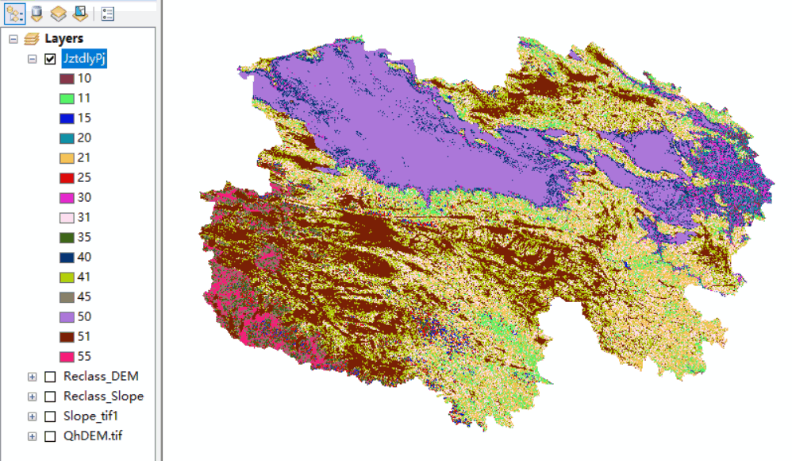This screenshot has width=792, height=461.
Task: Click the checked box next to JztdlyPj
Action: coord(50,59)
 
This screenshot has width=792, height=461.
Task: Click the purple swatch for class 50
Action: coord(67,316)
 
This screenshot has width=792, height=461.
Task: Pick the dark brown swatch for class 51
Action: coord(67,336)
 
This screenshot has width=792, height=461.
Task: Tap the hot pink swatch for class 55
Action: coord(67,356)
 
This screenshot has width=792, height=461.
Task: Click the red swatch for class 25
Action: coord(67,177)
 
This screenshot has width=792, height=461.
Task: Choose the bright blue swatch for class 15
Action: coord(67,118)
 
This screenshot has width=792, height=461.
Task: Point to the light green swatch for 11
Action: coord(67,98)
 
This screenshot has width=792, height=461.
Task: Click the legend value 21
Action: coord(84,157)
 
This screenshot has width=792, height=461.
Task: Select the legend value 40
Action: coord(84,257)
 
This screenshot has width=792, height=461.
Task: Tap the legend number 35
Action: coord(84,237)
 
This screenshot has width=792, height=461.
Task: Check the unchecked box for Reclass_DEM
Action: coord(50,376)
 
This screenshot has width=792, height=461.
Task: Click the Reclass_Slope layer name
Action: coord(103,396)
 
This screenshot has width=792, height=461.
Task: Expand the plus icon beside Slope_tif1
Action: coord(33,416)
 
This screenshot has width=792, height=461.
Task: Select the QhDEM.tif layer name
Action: coord(93,436)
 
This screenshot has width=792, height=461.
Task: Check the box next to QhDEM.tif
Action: coord(50,436)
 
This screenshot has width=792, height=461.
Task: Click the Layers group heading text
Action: coord(63,38)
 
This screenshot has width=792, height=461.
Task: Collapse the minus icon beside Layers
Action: coord(13,38)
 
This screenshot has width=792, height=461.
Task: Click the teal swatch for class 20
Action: coord(67,138)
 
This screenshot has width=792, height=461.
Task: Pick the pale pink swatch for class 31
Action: coord(67,217)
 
